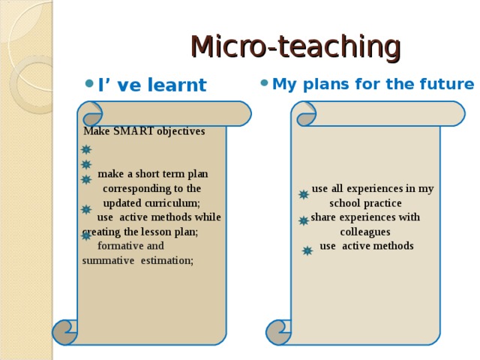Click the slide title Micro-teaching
tap(296, 46)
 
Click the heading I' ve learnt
tap(152, 85)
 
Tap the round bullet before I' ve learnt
tap(89, 83)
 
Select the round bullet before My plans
tap(264, 82)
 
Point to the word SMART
tap(133, 131)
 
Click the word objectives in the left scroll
tap(181, 131)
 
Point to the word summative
tap(108, 260)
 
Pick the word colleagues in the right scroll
tap(365, 232)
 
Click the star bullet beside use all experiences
tap(304, 194)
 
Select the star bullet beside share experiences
tap(304, 220)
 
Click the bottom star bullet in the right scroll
tap(307, 251)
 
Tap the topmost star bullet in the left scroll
tap(86, 150)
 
